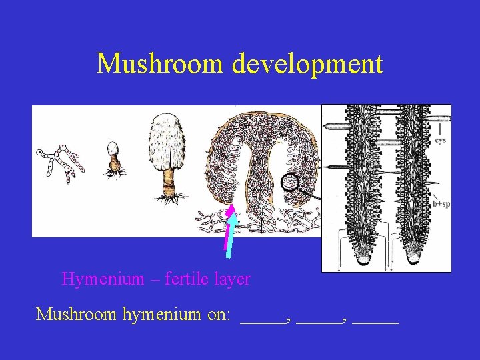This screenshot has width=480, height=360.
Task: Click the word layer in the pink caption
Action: pyautogui.click(x=231, y=279)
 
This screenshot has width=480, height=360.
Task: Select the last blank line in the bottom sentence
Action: pyautogui.click(x=375, y=321)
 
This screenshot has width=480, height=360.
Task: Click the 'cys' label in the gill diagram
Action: pyautogui.click(x=441, y=141)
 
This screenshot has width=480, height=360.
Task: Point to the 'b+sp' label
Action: pyautogui.click(x=441, y=204)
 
